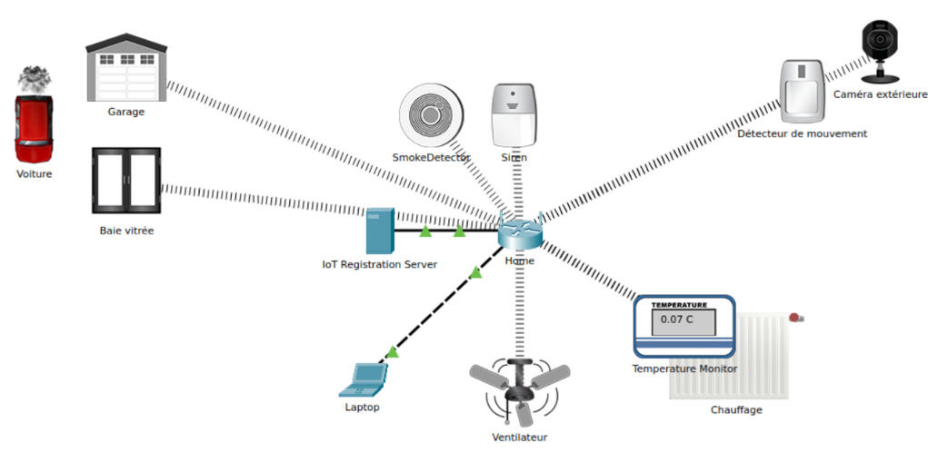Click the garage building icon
pyautogui.click(x=126, y=70)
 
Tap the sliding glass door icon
pyautogui.click(x=126, y=182)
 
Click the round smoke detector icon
pyautogui.click(x=431, y=115)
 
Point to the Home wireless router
pyautogui.click(x=520, y=232)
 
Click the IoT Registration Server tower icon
pyautogui.click(x=379, y=231)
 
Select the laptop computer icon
pyautogui.click(x=364, y=380)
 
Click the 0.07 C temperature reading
pyautogui.click(x=677, y=320)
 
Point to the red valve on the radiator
pyautogui.click(x=795, y=318)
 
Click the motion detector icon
pyautogui.click(x=803, y=91)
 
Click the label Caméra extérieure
pyautogui.click(x=880, y=94)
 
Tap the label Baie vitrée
pyautogui.click(x=126, y=231)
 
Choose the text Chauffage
pyautogui.click(x=736, y=409)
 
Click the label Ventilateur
pyautogui.click(x=520, y=438)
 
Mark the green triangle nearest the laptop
pyautogui.click(x=392, y=351)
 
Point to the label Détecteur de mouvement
pyautogui.click(x=802, y=133)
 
